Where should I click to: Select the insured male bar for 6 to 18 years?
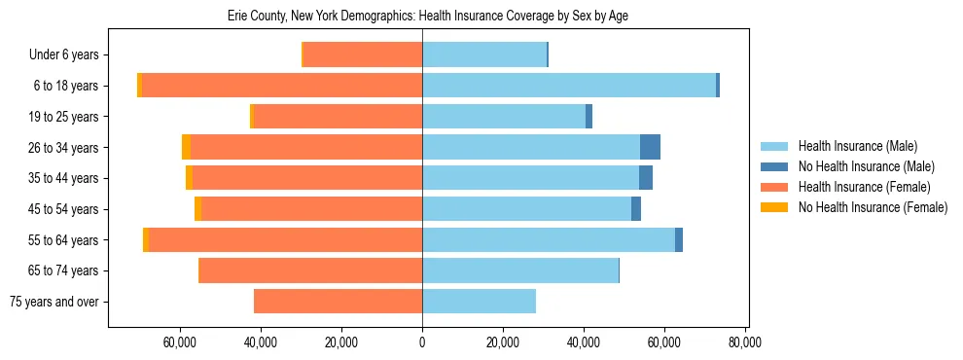(x=569, y=86)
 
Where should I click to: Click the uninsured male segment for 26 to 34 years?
(x=650, y=147)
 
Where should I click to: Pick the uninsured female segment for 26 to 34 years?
(x=186, y=147)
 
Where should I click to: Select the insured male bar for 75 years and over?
(x=479, y=302)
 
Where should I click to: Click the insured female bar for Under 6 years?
(x=363, y=54)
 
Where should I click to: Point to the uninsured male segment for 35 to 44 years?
(x=646, y=178)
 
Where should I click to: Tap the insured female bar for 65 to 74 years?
(x=310, y=270)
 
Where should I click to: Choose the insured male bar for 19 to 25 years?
(x=504, y=117)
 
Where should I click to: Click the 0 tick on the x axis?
(x=422, y=342)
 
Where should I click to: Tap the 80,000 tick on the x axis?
(x=744, y=342)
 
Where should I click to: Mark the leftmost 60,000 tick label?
(x=181, y=342)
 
